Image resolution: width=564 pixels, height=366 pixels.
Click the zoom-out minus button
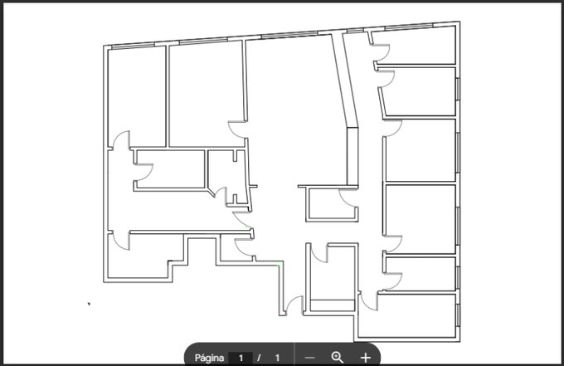(309, 358)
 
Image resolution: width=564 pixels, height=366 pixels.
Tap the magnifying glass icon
(337, 358)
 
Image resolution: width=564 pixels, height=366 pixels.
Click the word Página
(209, 358)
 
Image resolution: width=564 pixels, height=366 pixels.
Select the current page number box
(241, 358)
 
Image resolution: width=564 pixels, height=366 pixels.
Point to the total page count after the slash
(277, 358)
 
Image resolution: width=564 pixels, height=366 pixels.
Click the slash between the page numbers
(259, 358)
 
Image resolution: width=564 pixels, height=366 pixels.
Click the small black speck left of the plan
(89, 304)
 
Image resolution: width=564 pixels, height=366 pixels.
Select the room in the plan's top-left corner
(137, 97)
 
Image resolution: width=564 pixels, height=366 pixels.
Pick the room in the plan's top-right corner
(414, 46)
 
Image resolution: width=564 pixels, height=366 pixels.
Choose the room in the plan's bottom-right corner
(408, 317)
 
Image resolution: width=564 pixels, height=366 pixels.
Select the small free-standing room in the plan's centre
(332, 203)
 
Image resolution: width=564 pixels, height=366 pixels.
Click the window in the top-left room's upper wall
(133, 46)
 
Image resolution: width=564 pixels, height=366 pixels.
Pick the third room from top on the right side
(421, 150)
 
